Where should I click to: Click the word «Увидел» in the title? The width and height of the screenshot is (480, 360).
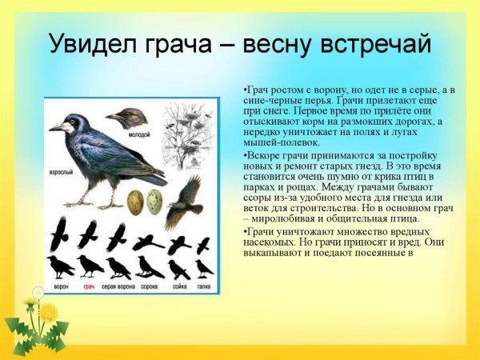point(89,43)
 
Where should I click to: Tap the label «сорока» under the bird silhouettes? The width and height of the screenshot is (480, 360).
point(148,286)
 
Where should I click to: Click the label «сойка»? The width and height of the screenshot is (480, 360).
point(178,286)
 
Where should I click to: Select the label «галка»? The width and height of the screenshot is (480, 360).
point(203,286)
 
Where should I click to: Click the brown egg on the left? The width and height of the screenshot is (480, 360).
point(137,199)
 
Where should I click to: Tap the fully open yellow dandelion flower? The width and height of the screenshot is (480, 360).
point(48,311)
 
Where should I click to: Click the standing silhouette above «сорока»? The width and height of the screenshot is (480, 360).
point(148,266)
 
